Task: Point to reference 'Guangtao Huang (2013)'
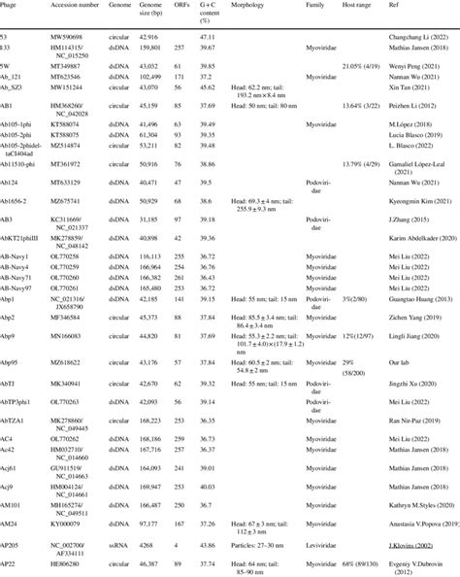click(411, 301)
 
